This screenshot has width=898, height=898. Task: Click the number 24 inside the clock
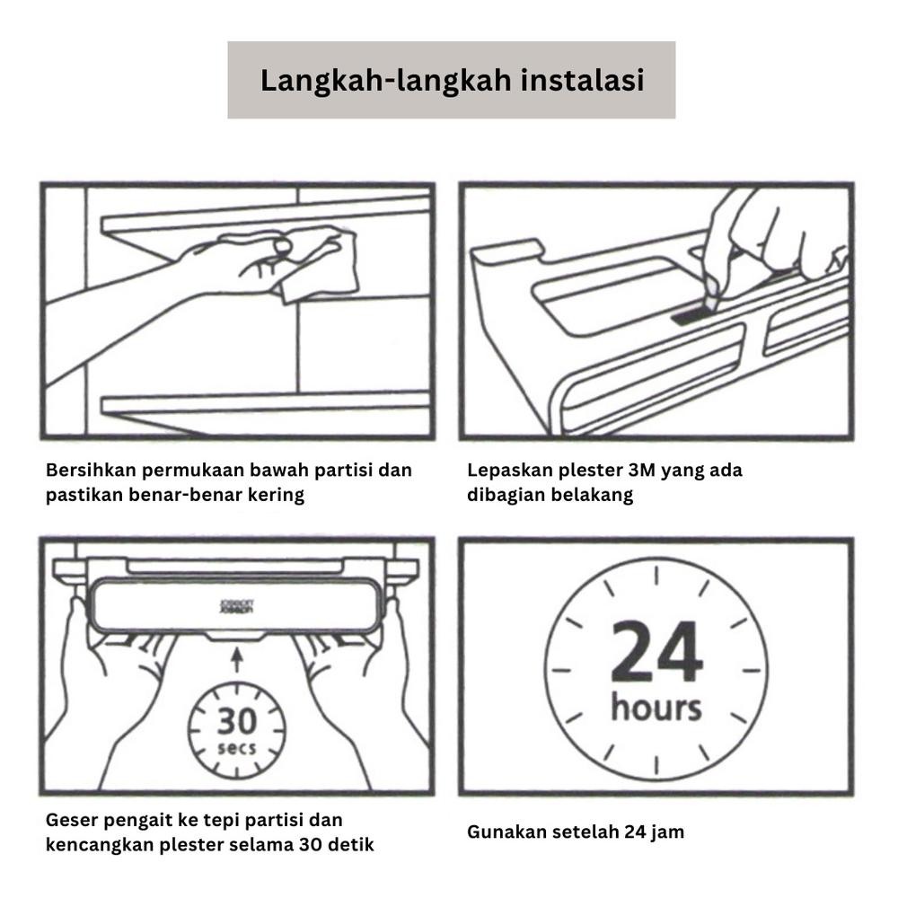point(656,653)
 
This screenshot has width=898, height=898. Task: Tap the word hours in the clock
point(656,707)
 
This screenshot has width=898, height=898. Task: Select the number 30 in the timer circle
point(236,720)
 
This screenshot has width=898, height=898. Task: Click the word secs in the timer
point(236,748)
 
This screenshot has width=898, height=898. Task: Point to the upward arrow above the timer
point(237,661)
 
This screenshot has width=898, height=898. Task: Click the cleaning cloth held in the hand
point(316,263)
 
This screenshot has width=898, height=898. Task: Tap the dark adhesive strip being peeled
point(690,315)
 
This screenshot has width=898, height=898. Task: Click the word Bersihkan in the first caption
point(88,471)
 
